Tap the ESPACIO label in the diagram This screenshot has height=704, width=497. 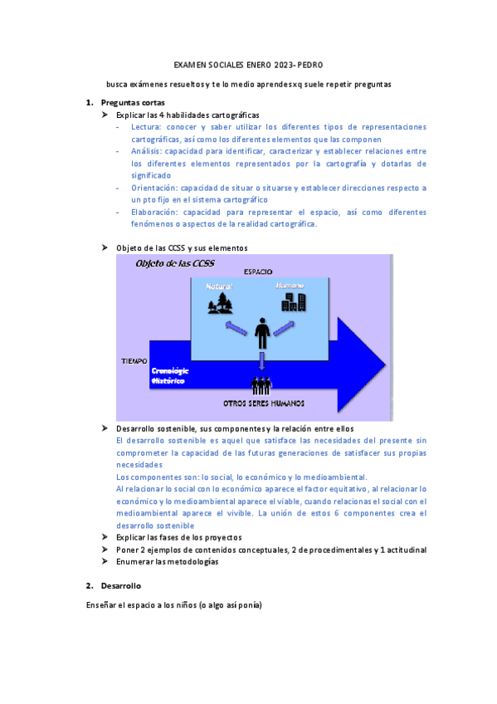click(258, 271)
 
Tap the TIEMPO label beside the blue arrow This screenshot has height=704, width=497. click(134, 362)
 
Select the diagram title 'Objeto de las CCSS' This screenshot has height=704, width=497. click(176, 263)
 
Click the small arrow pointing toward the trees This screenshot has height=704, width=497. click(236, 329)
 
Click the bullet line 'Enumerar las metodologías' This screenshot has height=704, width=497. click(167, 561)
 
